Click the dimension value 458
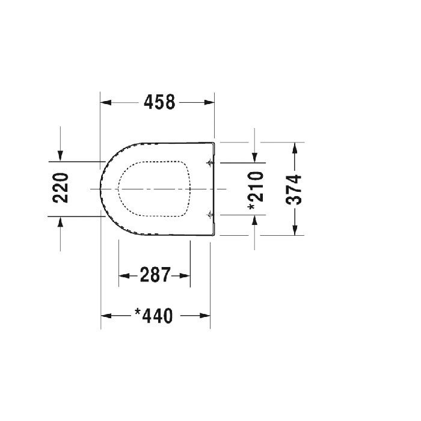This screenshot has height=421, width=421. [x=159, y=103]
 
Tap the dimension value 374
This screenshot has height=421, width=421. [x=295, y=189]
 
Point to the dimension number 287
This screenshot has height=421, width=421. [x=155, y=275]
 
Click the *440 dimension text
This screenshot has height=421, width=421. [x=154, y=315]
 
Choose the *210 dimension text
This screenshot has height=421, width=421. [x=256, y=190]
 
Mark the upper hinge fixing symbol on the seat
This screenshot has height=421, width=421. [x=209, y=163]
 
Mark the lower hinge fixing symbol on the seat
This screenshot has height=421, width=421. [x=209, y=214]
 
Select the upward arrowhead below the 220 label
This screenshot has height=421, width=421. [x=60, y=222]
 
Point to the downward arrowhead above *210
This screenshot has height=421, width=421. [x=256, y=157]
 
